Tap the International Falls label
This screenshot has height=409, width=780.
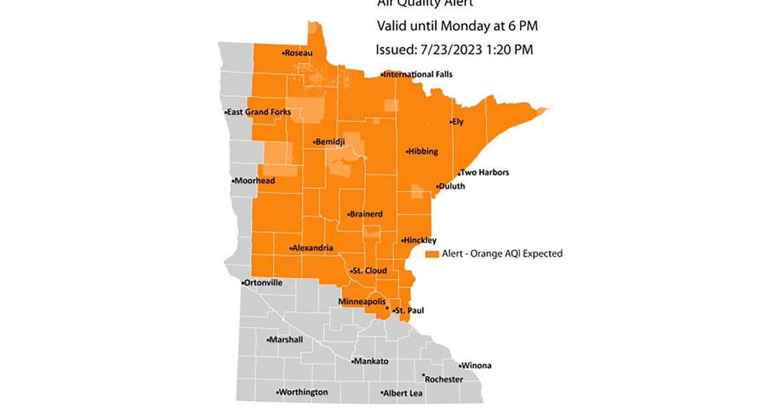418,75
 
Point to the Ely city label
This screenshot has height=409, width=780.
458,122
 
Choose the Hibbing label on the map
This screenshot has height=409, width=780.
422,151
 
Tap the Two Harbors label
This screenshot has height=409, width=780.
485,173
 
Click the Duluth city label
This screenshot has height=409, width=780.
452,186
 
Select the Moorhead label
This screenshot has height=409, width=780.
255,180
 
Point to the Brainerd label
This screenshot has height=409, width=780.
365,214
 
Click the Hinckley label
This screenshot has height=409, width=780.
420,240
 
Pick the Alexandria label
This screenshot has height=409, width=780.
313,248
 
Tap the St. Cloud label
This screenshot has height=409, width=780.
370,270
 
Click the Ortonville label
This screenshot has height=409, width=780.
264,283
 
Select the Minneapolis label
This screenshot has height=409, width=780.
362,302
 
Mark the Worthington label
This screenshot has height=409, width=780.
303,392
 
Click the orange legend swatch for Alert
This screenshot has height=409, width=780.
432,254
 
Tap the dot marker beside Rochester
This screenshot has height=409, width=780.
423,375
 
